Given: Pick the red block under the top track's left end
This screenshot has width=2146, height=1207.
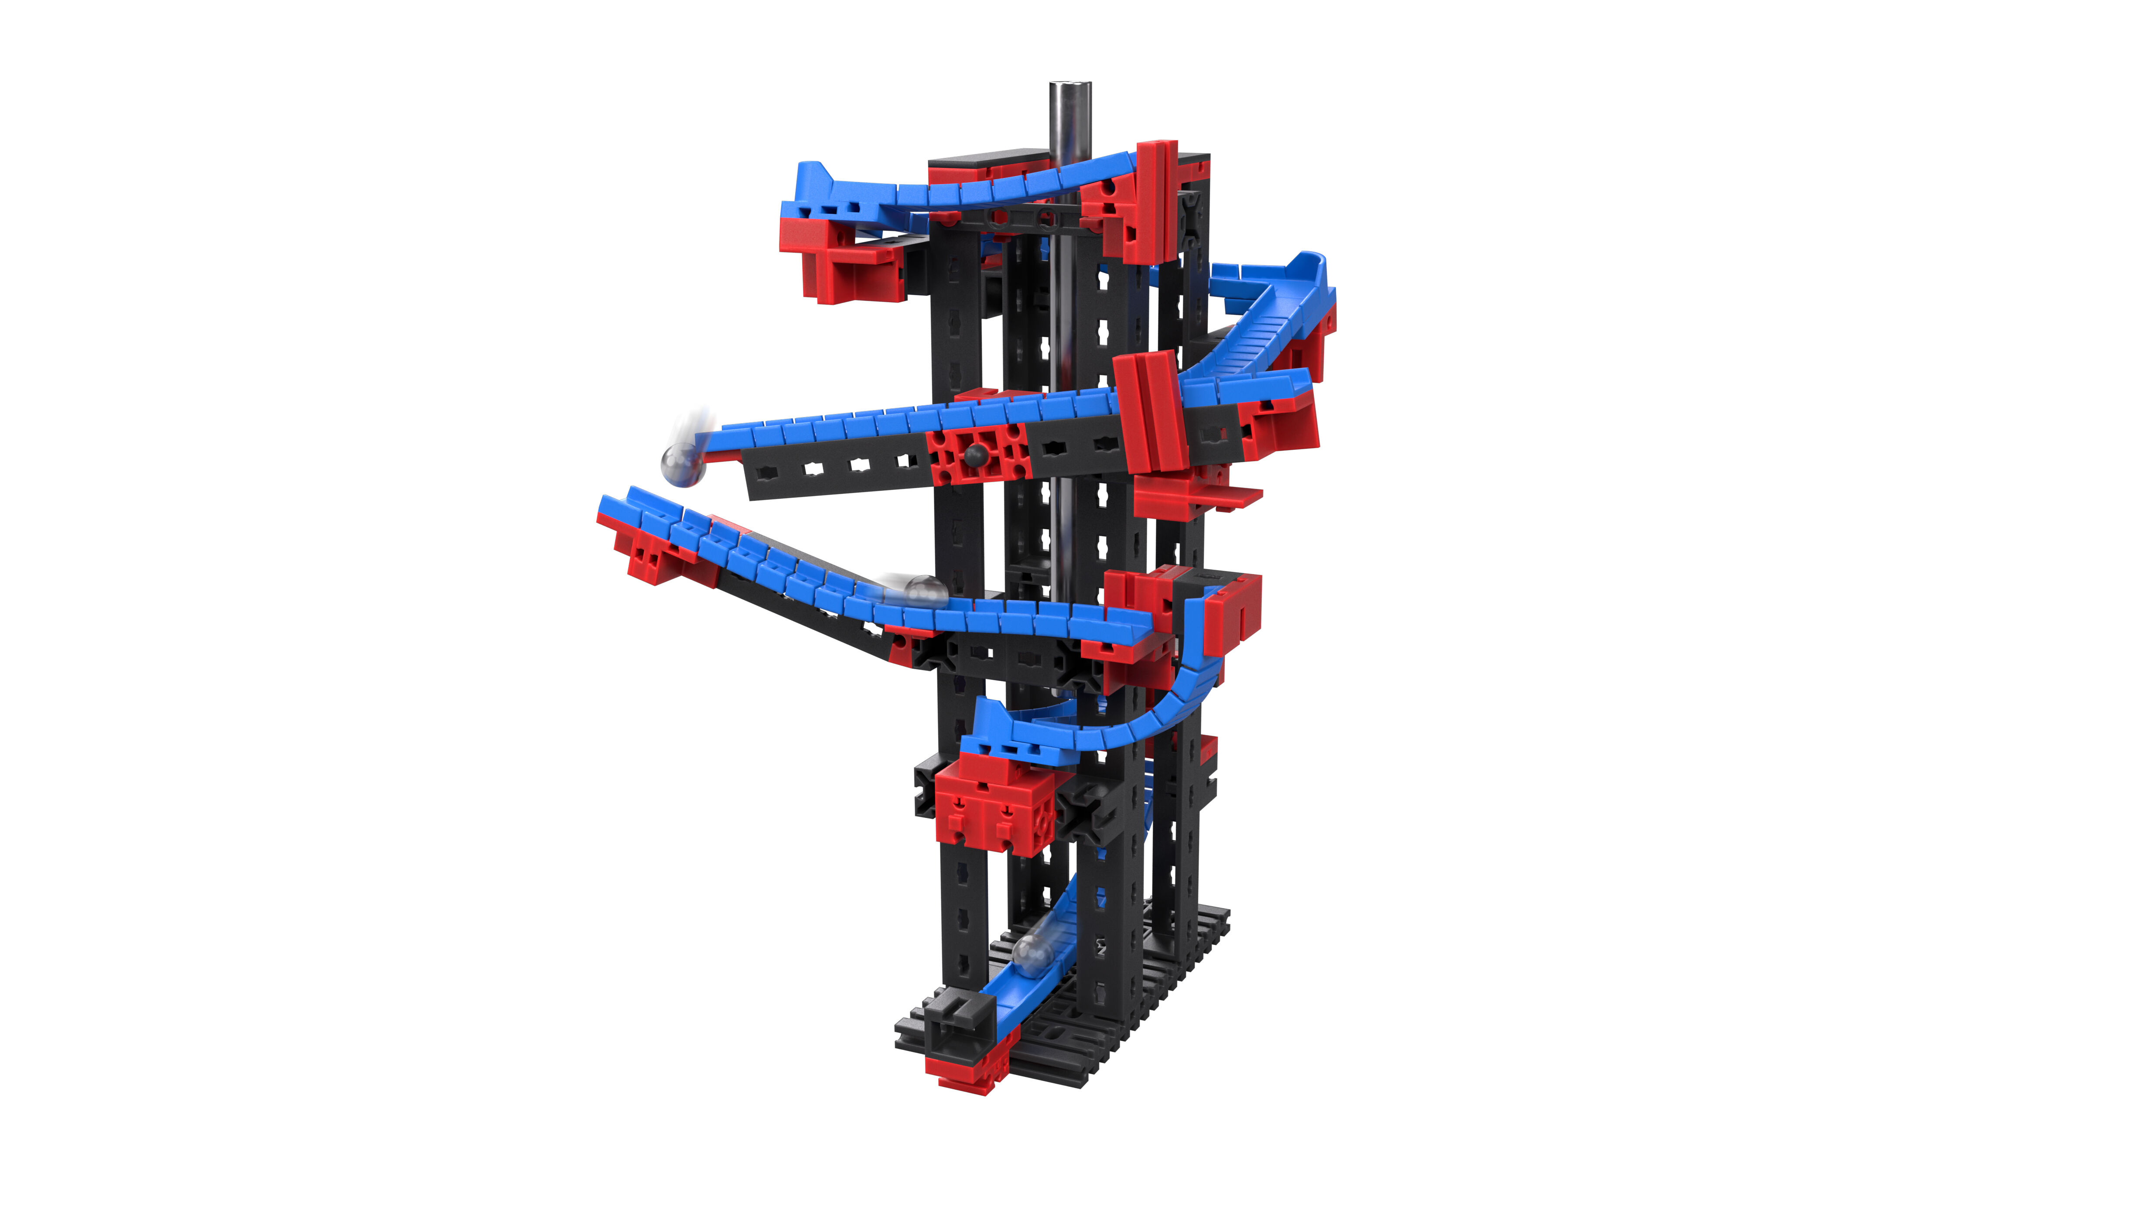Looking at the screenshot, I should pos(841,258).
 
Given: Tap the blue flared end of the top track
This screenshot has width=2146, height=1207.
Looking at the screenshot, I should pos(812,188).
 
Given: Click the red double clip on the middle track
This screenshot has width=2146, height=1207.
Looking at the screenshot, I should pos(1150,412).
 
